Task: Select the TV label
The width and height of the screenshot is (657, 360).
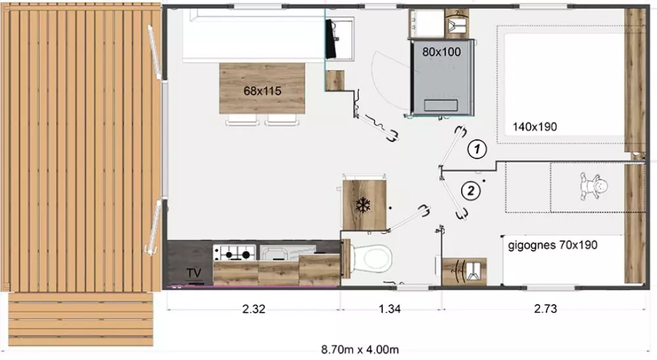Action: (x=194, y=273)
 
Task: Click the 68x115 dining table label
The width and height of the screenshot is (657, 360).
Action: (x=262, y=91)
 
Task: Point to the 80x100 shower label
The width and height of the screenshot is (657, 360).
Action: (x=442, y=52)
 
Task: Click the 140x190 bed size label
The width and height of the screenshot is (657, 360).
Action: (x=535, y=127)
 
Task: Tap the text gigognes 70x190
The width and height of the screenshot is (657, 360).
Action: (x=553, y=245)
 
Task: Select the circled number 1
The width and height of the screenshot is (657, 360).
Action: (x=477, y=148)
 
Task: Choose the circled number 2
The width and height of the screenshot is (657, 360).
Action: (x=471, y=191)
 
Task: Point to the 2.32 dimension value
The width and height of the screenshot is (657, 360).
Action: (x=254, y=309)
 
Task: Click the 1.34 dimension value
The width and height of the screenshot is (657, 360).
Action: (x=389, y=309)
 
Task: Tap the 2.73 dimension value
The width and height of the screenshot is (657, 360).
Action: (x=545, y=309)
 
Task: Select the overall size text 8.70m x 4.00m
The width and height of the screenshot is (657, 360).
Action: (x=360, y=349)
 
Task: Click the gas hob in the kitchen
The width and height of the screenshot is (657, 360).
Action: (x=235, y=253)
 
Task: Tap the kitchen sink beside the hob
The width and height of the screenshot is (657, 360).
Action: (x=288, y=253)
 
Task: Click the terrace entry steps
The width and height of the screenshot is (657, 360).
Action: (x=81, y=319)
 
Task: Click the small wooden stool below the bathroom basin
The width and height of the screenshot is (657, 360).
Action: (x=335, y=80)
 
